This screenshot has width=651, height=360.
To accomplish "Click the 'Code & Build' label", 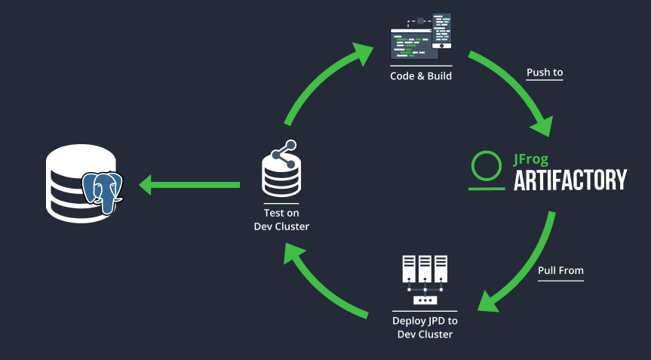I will (421, 75).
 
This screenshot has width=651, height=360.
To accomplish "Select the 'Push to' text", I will (545, 72).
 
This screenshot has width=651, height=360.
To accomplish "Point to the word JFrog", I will (531, 159).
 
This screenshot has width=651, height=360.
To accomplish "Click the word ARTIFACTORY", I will (570, 180).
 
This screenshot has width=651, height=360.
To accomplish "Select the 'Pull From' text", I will (560, 270).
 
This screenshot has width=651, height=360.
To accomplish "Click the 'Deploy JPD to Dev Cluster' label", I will (425, 327).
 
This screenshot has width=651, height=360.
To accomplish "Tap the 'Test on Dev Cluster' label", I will (281, 219).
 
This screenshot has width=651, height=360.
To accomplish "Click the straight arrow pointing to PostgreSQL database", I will (189, 183).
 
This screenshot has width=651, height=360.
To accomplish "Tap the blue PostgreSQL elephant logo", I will (102, 189).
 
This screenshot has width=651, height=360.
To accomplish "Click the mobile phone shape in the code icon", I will (441, 30).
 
